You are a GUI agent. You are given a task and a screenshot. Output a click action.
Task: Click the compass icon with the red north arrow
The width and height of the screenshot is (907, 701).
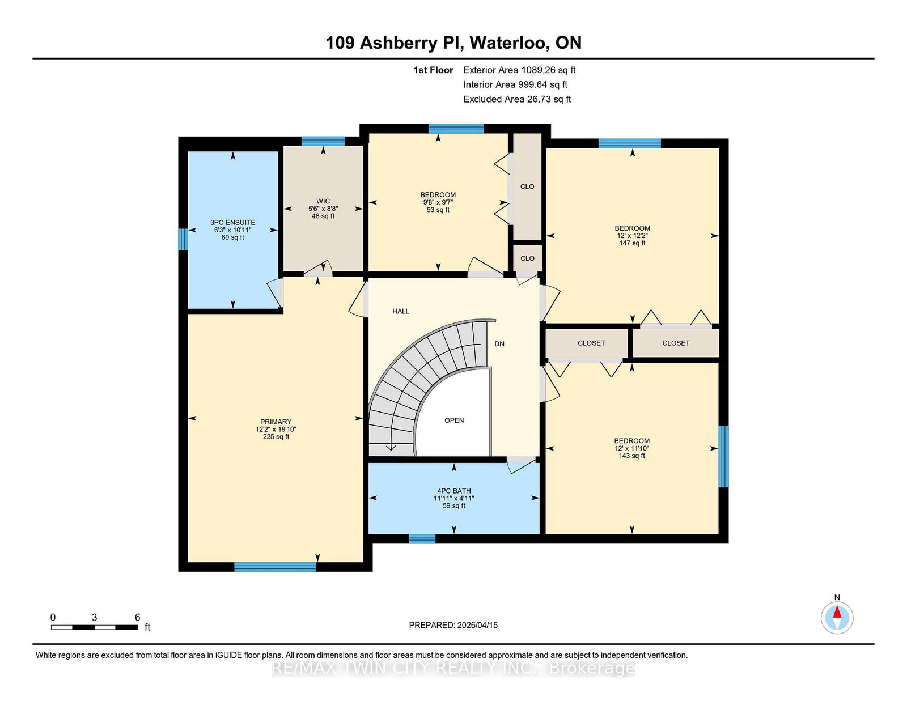837,618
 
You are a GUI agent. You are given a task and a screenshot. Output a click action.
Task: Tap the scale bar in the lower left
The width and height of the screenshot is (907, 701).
94,627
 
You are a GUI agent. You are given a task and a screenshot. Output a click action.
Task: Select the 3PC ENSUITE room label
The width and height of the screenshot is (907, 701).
232,222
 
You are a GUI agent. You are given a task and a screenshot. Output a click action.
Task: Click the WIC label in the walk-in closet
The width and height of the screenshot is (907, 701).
323,201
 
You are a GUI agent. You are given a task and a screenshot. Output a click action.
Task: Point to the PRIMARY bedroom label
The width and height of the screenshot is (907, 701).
276,422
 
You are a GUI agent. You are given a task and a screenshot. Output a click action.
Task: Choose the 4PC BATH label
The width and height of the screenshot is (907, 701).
453,491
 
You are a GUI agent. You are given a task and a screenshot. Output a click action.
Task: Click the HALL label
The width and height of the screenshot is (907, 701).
401,311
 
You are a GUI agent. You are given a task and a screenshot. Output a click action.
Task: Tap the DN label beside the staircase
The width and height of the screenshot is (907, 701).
499,344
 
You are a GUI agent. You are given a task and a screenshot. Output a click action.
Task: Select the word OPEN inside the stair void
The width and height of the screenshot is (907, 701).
454,420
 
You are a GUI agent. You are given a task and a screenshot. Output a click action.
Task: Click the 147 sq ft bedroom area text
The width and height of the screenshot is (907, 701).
633,243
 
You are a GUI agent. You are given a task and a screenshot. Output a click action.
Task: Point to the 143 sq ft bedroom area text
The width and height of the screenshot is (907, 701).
631,456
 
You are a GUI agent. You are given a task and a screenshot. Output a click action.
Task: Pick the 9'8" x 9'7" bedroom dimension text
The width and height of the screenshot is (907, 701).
438,202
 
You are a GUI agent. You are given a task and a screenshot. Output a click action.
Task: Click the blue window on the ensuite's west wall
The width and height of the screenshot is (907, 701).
183,239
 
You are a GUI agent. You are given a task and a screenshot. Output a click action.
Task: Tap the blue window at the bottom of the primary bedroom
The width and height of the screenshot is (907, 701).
275,567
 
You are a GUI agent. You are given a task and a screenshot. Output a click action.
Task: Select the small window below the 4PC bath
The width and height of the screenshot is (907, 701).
422,539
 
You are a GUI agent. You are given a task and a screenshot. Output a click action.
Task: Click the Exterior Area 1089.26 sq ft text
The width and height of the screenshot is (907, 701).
519,70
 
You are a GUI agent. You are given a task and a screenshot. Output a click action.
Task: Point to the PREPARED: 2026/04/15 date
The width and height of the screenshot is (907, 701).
453,625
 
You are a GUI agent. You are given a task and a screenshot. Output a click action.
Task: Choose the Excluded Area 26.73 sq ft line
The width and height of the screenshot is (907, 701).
517,99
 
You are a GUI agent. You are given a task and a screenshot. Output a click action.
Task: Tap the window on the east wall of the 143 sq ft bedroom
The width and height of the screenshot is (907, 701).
724,457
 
